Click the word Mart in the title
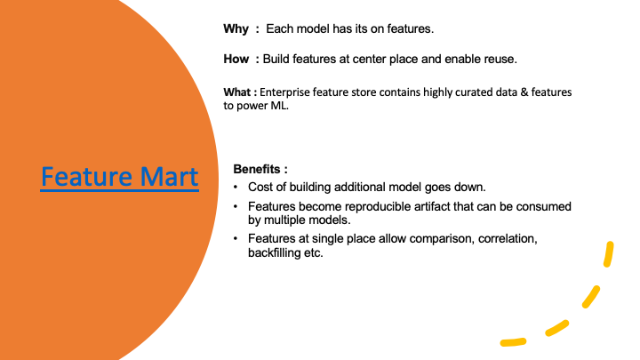tap(169, 176)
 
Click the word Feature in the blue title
tap(86, 176)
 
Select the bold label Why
tap(236, 29)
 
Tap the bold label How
tap(236, 60)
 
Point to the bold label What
tap(236, 92)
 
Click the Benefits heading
tap(257, 169)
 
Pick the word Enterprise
tap(284, 92)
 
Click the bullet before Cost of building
tap(236, 187)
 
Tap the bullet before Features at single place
tap(236, 238)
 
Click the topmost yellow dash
tap(609, 254)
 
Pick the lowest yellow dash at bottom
tap(513, 342)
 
